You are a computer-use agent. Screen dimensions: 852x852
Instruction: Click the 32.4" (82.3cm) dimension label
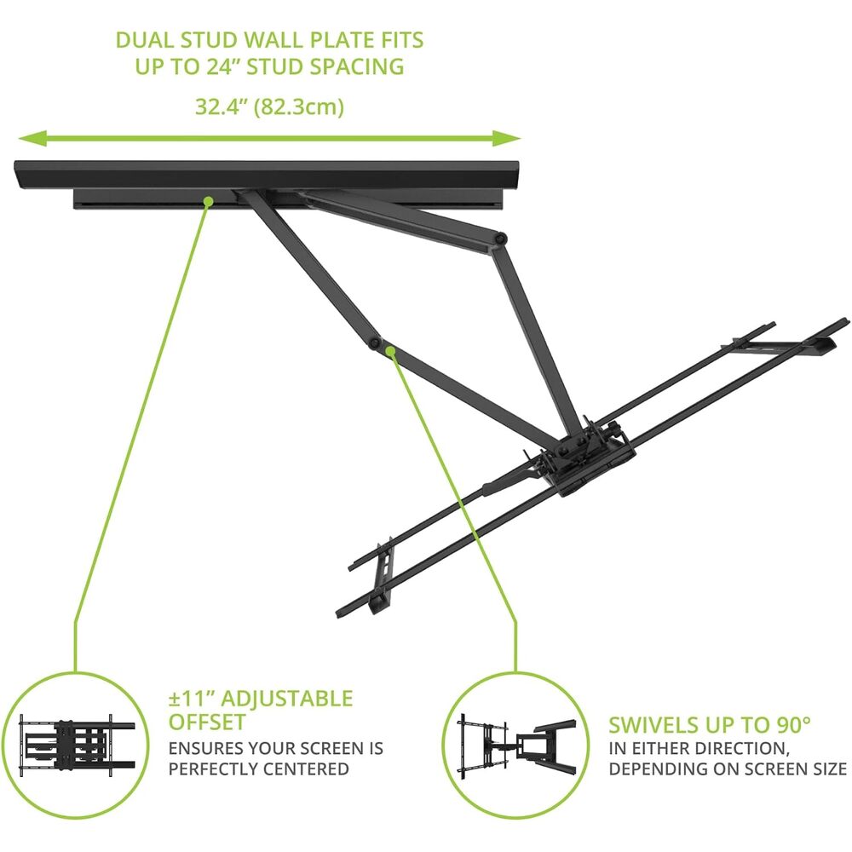tap(269, 106)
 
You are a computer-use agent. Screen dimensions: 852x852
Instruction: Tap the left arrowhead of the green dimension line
tap(32, 139)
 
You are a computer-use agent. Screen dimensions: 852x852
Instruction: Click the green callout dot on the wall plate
tap(208, 202)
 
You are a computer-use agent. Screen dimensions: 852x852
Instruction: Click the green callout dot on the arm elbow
tap(390, 350)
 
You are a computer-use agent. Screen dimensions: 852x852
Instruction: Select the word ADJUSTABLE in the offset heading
tap(287, 699)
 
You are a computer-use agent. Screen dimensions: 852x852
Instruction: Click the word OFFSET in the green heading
tap(207, 722)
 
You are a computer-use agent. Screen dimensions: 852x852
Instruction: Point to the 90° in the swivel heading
tap(791, 725)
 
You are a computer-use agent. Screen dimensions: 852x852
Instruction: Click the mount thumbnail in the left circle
tap(78, 745)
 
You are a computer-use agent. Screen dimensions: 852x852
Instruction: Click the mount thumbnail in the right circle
tap(516, 746)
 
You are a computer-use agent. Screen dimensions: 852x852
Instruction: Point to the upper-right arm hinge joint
tap(500, 238)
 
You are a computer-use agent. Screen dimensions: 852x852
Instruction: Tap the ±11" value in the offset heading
tap(191, 699)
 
